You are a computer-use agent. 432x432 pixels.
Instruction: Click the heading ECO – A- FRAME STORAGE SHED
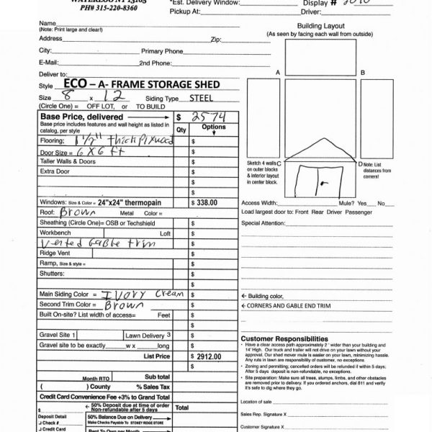pos(147,85)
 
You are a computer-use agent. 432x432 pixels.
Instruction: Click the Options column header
pos(213,127)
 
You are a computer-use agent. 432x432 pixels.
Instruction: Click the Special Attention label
pos(264,224)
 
